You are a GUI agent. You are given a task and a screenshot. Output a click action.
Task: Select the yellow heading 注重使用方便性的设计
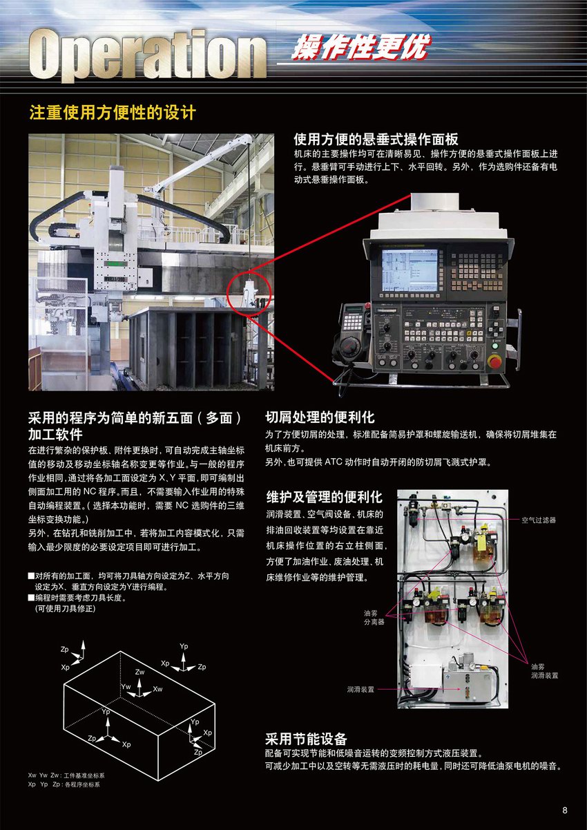112,113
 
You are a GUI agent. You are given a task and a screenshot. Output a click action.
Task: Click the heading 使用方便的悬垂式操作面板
376,140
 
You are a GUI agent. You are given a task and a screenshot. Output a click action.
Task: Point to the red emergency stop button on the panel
494,361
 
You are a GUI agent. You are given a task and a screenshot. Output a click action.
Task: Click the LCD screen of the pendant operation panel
410,270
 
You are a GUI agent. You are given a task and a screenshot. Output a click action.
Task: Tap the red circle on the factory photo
249,294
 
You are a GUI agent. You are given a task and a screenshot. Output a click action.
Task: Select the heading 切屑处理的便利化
320,417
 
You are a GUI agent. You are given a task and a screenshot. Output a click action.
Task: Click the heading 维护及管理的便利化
324,497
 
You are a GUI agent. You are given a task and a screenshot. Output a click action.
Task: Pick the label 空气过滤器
539,520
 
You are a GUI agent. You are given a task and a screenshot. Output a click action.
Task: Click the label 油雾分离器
374,617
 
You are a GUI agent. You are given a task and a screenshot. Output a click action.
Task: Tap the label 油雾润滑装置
545,671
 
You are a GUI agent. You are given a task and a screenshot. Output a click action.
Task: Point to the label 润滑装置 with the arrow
360,690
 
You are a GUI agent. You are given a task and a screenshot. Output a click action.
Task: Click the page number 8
565,811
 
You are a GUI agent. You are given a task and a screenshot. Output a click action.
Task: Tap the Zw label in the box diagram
139,672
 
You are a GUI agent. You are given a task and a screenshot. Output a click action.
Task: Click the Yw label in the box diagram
126,687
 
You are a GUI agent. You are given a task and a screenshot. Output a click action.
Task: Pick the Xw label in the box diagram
157,689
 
